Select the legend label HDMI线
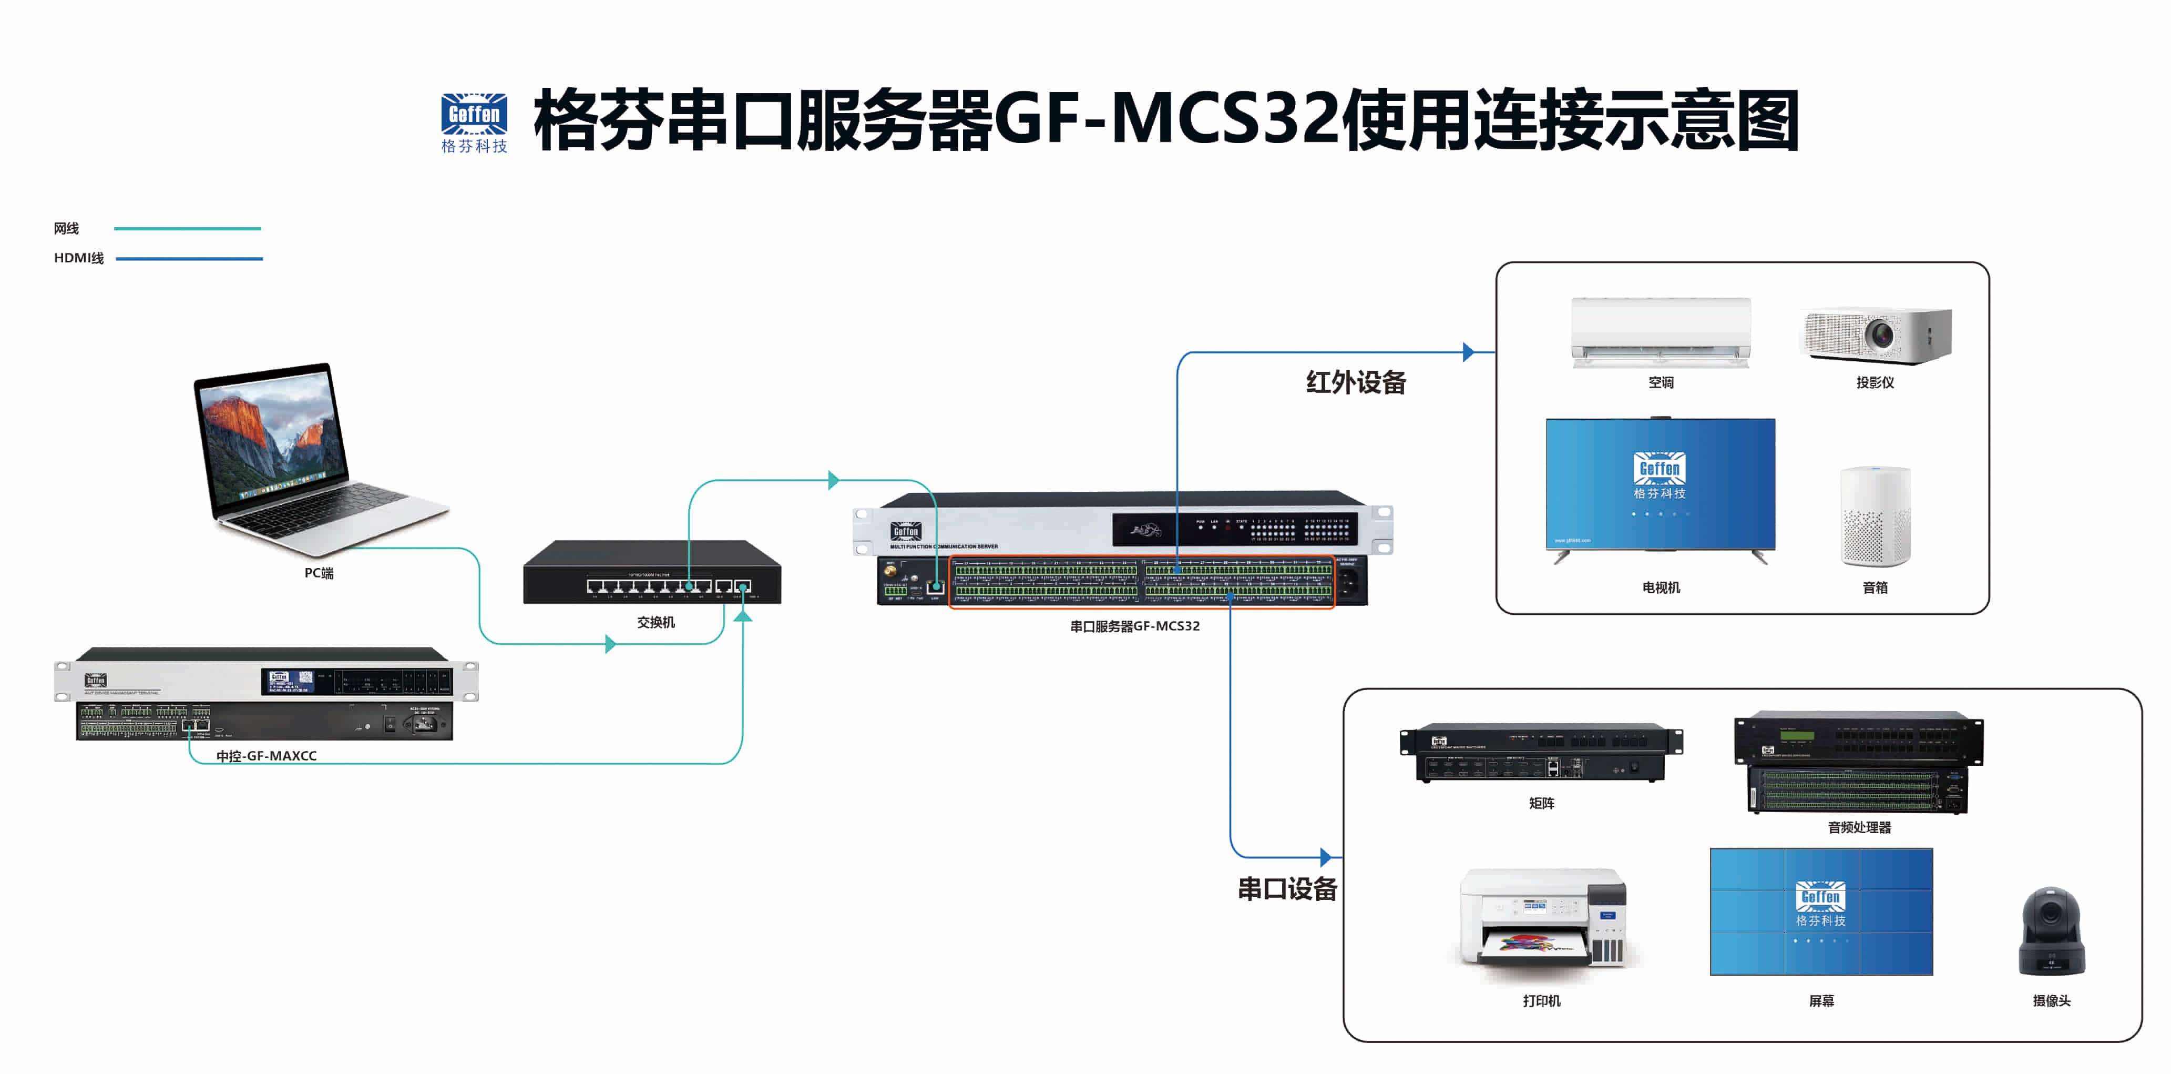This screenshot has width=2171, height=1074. pos(78,258)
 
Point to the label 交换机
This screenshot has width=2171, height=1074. pos(655,622)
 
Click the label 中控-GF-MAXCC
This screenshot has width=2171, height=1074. pos(267,755)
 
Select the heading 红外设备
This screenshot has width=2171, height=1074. pos(1355,383)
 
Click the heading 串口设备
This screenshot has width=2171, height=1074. pos(1287,888)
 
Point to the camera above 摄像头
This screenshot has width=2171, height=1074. pos(2051,931)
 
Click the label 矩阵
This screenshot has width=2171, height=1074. pos(1541,803)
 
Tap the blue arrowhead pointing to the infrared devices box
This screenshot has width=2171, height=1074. pos(1468,352)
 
